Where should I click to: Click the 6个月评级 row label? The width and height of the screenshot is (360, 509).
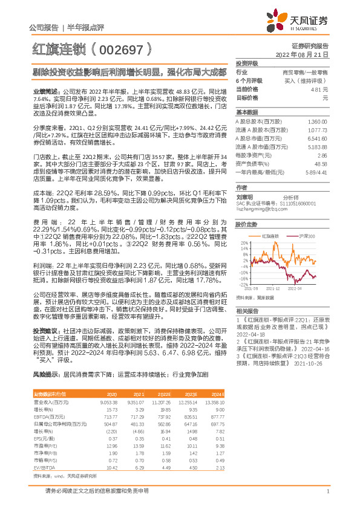(249, 80)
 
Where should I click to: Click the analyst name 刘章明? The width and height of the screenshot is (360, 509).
(244, 196)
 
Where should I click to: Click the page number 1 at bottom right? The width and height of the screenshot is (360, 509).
(327, 491)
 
